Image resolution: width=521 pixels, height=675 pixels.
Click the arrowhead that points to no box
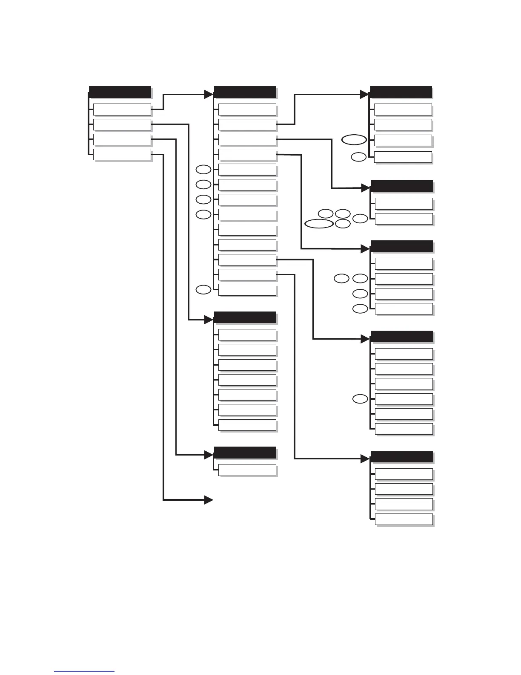(209, 500)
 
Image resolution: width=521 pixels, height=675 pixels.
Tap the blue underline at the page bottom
(84, 672)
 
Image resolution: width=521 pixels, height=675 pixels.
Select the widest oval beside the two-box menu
(318, 224)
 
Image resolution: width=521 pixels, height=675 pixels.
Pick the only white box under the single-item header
(247, 470)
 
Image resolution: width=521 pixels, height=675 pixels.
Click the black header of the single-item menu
(245, 452)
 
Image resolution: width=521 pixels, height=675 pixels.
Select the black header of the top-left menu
(120, 92)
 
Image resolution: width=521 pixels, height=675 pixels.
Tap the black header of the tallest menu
(245, 92)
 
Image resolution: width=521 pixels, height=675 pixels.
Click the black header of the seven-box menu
(245, 317)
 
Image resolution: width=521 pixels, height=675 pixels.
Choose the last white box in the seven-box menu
(247, 425)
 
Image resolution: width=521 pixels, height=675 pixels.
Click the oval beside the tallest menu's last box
(203, 290)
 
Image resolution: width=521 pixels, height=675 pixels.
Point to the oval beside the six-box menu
(360, 399)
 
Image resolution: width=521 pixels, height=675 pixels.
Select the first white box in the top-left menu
(122, 110)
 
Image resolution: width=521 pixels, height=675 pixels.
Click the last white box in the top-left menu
(122, 154)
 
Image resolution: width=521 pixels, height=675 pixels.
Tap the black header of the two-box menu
(402, 186)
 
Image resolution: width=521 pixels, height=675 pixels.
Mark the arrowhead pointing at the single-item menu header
(209, 455)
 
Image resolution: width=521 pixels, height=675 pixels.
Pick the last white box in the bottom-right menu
(404, 519)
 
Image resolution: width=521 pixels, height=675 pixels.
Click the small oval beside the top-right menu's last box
(358, 157)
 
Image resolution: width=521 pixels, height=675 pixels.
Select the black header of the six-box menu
(402, 337)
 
